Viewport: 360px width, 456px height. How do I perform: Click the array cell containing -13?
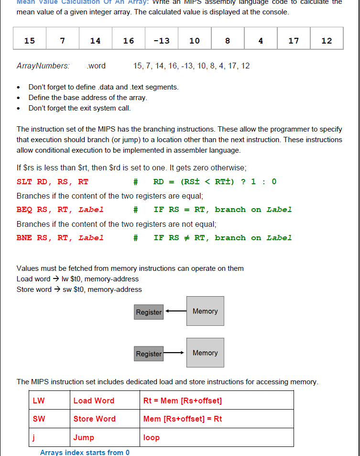point(162,41)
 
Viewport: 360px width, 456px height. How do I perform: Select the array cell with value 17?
point(294,41)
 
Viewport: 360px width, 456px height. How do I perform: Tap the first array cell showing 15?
point(30,41)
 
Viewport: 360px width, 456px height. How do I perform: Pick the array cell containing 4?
point(261,41)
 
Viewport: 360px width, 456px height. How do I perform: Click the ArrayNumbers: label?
point(43,66)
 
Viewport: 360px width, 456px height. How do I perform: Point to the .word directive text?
point(96,66)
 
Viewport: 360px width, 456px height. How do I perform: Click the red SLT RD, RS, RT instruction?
point(53,182)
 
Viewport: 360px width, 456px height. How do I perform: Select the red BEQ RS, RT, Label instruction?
point(60,210)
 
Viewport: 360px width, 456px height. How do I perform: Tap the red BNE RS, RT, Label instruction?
point(60,238)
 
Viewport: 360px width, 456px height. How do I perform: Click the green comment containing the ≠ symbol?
point(222,238)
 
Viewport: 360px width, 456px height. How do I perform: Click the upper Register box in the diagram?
point(149,312)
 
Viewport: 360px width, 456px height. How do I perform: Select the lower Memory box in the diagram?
point(205,353)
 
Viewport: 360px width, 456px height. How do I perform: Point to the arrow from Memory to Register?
point(175,311)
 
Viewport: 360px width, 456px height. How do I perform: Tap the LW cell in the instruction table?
point(39,400)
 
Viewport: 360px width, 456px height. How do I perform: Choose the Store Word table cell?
point(94,419)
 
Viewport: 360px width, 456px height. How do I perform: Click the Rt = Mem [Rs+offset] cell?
point(183,400)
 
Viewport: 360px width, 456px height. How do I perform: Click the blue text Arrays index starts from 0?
point(85,452)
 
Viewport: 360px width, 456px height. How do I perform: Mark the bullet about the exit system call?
point(79,108)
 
